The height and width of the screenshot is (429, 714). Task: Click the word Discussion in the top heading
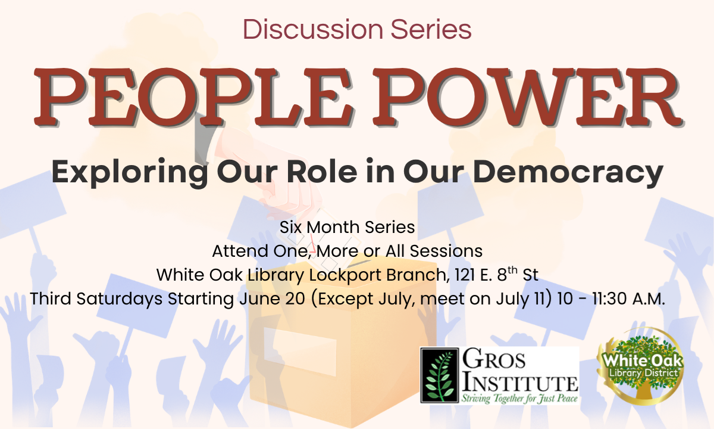(x=313, y=29)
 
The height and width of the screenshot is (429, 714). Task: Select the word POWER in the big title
(x=527, y=97)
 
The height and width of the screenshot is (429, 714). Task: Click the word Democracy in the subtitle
(x=568, y=172)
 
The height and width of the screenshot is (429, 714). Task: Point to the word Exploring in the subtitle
(x=130, y=172)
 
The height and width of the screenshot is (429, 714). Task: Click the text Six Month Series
(x=347, y=227)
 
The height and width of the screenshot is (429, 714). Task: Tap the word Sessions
(x=446, y=251)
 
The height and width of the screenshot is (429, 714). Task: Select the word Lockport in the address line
(x=345, y=275)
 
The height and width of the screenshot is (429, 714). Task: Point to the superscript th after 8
(x=512, y=270)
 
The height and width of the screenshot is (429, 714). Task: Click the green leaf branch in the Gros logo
(x=440, y=376)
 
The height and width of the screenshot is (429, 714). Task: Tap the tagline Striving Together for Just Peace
(x=519, y=399)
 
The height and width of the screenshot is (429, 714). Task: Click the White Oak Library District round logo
(x=641, y=366)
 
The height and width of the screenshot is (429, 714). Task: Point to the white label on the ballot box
(x=300, y=352)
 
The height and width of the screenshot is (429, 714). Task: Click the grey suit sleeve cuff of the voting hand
(x=204, y=138)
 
